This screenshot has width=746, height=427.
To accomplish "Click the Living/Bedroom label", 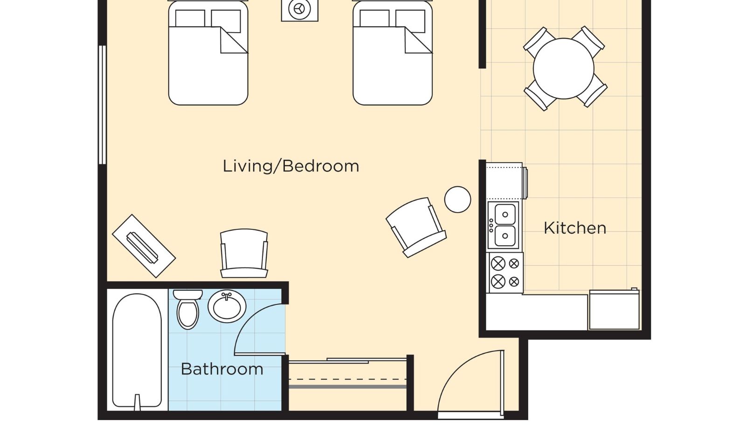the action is pyautogui.click(x=291, y=166).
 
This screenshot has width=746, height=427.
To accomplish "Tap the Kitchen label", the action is pyautogui.click(x=575, y=228).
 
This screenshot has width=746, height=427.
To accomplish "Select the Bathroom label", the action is pyautogui.click(x=222, y=369).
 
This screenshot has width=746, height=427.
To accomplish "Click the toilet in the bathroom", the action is pyautogui.click(x=188, y=310).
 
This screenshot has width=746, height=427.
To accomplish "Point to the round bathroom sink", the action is pyautogui.click(x=227, y=306).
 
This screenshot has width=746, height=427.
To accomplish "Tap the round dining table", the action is pyautogui.click(x=564, y=69).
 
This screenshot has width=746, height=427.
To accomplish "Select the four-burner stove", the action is pyautogui.click(x=505, y=273).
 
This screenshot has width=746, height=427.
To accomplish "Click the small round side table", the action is pyautogui.click(x=457, y=200).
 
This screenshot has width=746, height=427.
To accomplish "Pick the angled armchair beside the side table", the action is pyautogui.click(x=416, y=227).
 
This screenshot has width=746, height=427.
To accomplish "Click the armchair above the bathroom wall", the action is pyautogui.click(x=244, y=253).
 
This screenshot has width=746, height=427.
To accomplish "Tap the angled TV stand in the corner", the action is pyautogui.click(x=144, y=246).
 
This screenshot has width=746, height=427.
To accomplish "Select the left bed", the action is pyautogui.click(x=208, y=52).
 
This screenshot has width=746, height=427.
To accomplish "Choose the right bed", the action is pyautogui.click(x=393, y=52).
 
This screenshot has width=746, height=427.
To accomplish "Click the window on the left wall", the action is pyautogui.click(x=102, y=105).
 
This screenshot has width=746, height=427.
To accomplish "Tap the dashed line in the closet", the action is pyautogui.click(x=347, y=379).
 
